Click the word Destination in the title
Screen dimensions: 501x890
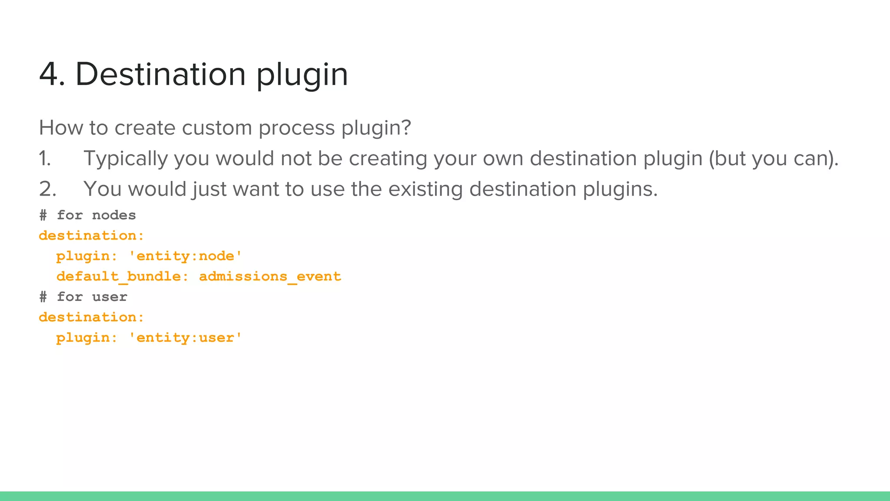pos(161,74)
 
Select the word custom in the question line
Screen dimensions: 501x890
pos(217,128)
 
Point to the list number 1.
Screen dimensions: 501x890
pos(45,158)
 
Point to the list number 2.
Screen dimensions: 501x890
pos(47,189)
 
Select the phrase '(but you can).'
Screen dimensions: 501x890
pos(774,159)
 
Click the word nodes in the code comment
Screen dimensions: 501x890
pos(114,215)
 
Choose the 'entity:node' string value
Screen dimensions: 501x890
pos(186,256)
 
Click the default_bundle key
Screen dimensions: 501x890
pos(119,277)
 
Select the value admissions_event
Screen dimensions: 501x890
pos(270,277)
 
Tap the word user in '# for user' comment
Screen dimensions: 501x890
pos(110,297)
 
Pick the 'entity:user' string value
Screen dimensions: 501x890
pos(186,338)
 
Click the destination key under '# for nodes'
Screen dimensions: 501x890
pos(91,236)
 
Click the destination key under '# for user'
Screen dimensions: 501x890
pos(91,317)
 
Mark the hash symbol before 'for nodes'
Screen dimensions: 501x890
pos(43,215)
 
